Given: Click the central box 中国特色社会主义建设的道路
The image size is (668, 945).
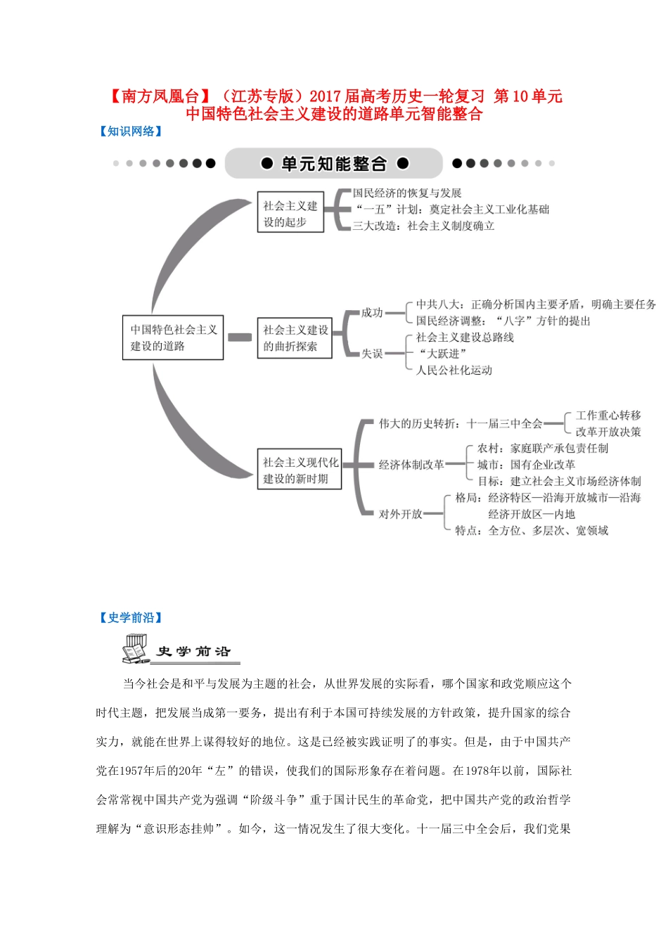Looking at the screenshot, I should pos(173,337).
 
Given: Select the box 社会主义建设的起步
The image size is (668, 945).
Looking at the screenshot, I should pos(290,213).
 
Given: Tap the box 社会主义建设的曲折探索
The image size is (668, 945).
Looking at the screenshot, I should pos(295,338).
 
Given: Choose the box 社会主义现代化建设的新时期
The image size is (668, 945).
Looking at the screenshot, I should pos(300,470).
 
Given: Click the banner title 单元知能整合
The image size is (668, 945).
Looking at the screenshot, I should pos(334,164).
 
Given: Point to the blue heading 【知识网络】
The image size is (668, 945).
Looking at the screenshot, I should pos(131,131).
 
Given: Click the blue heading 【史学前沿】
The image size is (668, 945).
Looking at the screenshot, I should pos(131,618).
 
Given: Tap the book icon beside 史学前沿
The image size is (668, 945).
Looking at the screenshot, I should pos(136,649).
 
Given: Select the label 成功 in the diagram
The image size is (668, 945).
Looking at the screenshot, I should pos(372,313).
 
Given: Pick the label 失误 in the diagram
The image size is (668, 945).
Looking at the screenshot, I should pos(372,354).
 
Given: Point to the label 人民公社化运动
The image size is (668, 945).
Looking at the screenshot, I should pos(454,371).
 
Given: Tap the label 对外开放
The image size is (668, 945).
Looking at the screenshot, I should pos(400,514).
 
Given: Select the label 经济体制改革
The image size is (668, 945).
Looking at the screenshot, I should pos(411,465).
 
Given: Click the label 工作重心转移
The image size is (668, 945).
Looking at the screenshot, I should pos(608,416).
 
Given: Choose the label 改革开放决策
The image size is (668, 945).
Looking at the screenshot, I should pos(608,432).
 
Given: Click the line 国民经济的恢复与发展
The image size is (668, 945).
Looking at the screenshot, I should pos(407,193).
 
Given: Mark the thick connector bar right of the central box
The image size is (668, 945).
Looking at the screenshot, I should pos(240,337).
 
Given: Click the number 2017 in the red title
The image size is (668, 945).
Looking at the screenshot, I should pos(325,96).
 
